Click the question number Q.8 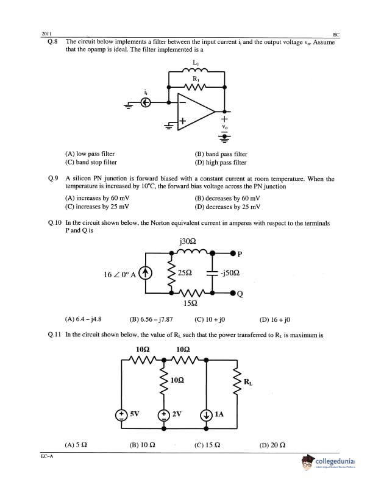tap(52, 42)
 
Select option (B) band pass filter tap(221, 154)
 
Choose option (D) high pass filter tap(220, 163)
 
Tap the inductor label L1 tap(195, 63)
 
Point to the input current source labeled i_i tap(145, 104)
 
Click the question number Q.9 tap(52, 179)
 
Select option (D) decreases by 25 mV tap(227, 207)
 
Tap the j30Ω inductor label tap(188, 241)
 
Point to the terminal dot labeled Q tap(233, 293)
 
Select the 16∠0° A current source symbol tap(145, 272)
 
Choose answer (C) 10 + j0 tap(210, 319)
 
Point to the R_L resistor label tap(247, 382)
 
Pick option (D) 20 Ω tap(272, 445)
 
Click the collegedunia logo tap(330, 464)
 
